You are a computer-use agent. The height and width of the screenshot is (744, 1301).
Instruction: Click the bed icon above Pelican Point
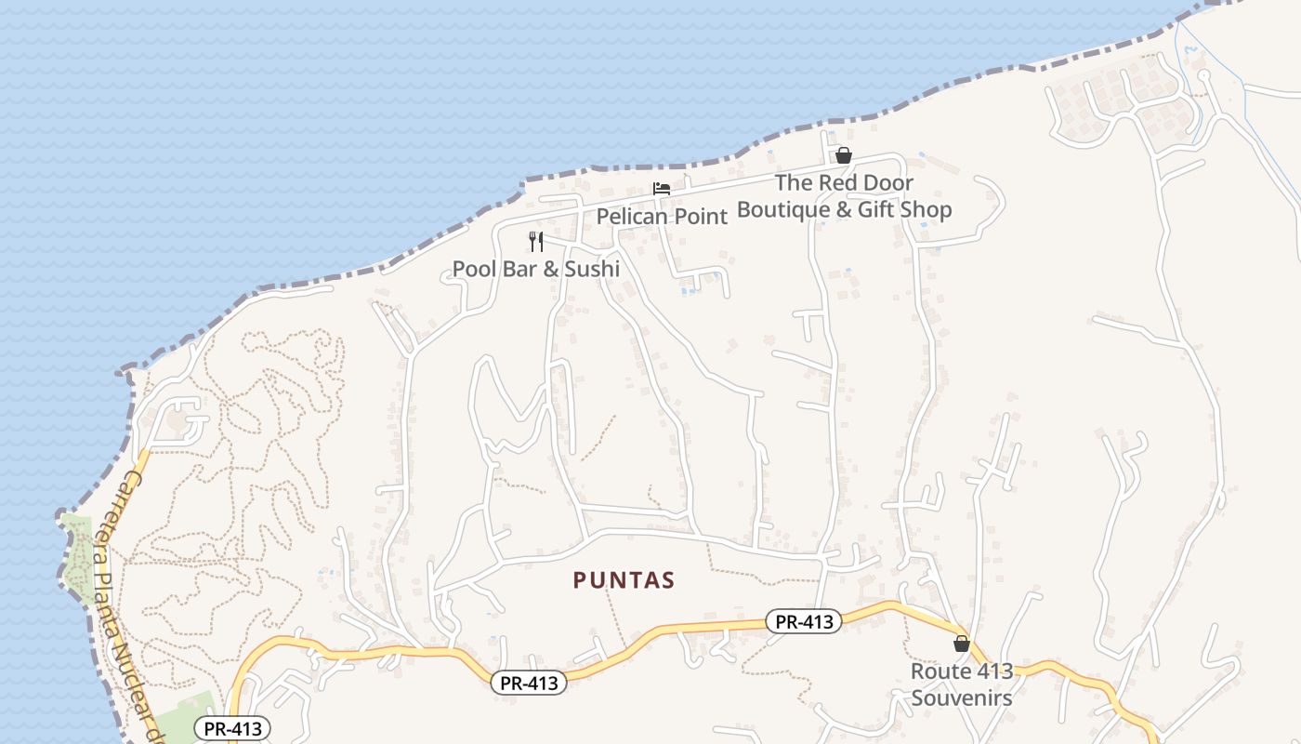tap(662, 189)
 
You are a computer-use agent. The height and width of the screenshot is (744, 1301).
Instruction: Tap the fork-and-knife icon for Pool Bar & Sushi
tap(536, 242)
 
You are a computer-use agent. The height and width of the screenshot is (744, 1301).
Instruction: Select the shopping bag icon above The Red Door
tap(844, 155)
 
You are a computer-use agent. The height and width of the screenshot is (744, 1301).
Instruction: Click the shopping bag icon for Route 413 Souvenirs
tap(962, 644)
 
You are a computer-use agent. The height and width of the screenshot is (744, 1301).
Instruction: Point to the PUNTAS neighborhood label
tap(624, 580)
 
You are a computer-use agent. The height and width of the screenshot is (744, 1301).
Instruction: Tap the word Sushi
tap(591, 270)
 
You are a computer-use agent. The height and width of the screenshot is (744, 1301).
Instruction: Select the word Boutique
tap(782, 209)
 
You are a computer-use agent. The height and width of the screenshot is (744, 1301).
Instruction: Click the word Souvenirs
tap(962, 697)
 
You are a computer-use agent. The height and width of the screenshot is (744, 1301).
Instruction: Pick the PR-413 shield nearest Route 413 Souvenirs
tap(804, 621)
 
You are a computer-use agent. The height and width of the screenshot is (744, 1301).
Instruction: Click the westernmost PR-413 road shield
tap(232, 728)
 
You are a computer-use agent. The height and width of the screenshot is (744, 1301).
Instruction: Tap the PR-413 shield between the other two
tap(529, 683)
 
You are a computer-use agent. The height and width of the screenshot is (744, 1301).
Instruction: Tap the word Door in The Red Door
tap(882, 183)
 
